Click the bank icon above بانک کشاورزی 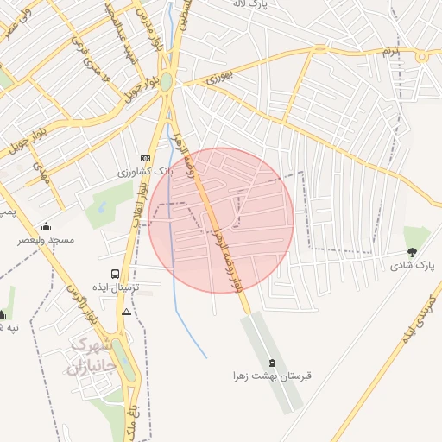[x=144, y=159]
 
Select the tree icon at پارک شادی [x=412, y=253]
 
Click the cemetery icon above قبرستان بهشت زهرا [x=274, y=363]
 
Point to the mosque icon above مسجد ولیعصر [x=46, y=226]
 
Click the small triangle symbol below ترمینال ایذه [x=127, y=312]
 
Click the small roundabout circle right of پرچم [x=422, y=56]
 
